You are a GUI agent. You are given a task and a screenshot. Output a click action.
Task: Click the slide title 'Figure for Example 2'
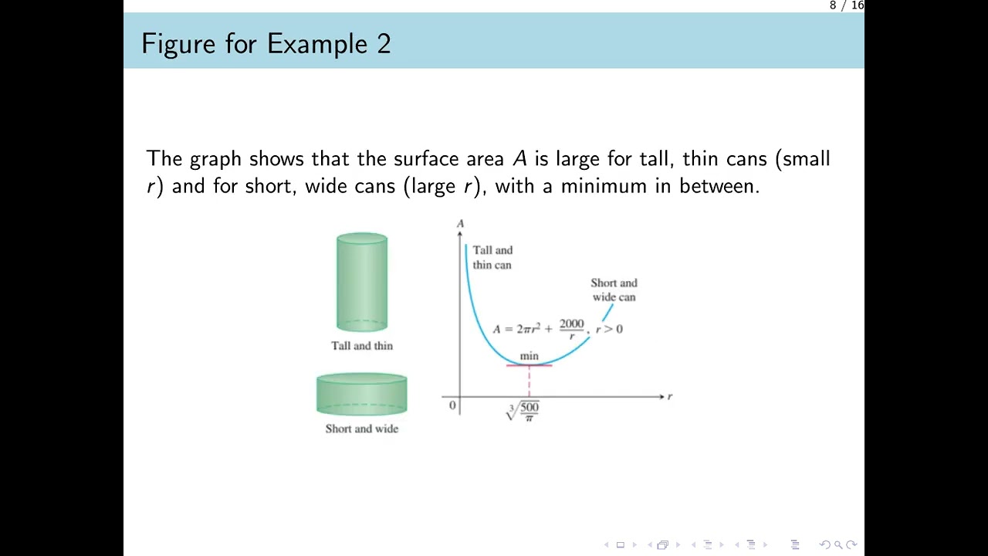click(x=266, y=43)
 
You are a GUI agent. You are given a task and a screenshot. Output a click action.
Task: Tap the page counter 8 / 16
click(x=846, y=5)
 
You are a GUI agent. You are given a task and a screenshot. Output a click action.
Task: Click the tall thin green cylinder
click(x=362, y=282)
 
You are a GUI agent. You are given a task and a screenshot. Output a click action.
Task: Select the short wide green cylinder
click(x=361, y=394)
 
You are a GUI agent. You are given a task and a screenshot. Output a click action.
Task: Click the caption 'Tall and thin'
click(x=362, y=346)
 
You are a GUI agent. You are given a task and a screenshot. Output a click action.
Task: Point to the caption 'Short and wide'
click(x=362, y=429)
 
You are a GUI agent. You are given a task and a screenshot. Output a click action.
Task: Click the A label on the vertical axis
click(x=460, y=224)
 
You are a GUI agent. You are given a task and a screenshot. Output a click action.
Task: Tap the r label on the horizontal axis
click(x=669, y=396)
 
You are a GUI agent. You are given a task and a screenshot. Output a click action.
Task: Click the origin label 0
click(x=452, y=405)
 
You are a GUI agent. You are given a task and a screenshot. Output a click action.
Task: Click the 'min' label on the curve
click(x=529, y=356)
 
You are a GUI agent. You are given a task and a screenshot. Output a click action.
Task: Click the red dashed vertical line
click(x=529, y=381)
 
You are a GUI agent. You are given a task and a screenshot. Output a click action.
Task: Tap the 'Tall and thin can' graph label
click(x=492, y=257)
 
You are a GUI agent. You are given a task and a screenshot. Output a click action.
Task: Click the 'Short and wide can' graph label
click(x=614, y=290)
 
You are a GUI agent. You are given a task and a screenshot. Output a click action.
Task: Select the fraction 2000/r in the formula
click(x=572, y=329)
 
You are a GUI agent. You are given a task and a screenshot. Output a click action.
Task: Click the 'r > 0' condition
click(x=609, y=329)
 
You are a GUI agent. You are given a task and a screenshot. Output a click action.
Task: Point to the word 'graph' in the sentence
click(x=215, y=159)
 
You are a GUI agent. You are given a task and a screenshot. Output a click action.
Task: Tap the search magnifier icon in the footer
click(x=837, y=544)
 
